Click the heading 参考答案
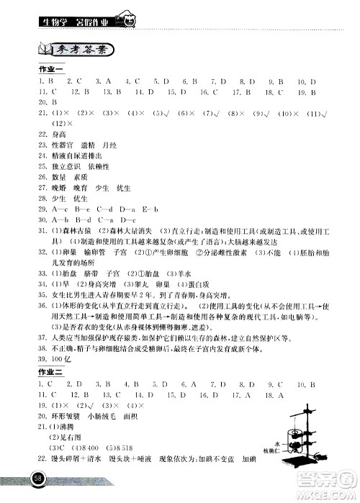(86, 50)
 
